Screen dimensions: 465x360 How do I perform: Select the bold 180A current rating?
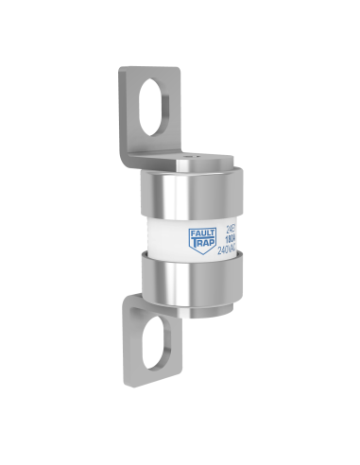click(x=231, y=240)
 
